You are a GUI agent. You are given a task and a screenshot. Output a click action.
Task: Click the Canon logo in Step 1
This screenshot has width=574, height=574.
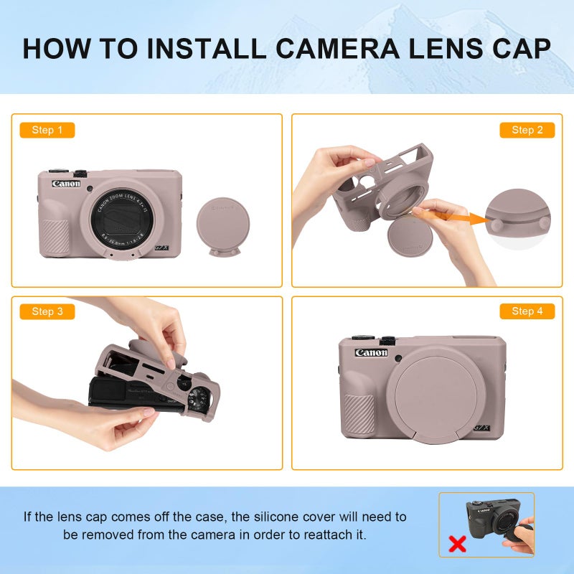[x=66, y=184]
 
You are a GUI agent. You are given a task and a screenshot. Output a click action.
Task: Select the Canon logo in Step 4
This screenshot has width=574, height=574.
[x=371, y=352]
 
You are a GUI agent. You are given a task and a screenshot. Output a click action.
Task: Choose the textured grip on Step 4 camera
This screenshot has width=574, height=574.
[x=359, y=413]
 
